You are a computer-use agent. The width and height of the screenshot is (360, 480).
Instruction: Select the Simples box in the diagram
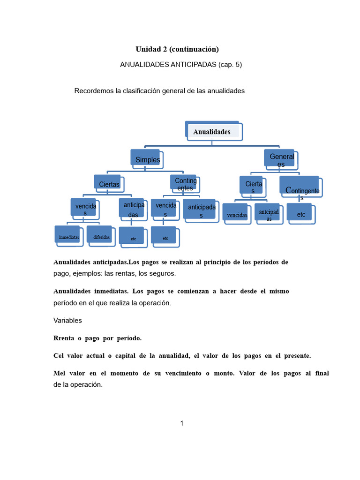[x=147, y=159]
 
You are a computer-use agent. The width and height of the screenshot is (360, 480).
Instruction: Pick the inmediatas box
[x=69, y=237]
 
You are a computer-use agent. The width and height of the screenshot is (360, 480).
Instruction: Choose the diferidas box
[x=101, y=237]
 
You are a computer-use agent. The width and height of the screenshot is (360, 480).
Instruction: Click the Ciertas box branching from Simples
[x=109, y=184]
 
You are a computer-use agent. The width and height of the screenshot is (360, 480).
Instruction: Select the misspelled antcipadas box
[x=268, y=215]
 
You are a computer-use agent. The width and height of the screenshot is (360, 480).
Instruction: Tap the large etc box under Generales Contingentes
[x=301, y=214]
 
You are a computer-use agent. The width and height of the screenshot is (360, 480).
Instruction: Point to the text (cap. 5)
[x=230, y=65]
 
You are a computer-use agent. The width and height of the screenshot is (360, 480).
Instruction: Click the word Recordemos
[x=94, y=90]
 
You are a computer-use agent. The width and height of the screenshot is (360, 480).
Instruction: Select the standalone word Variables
[x=68, y=320]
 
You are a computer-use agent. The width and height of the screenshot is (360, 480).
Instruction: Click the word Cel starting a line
[x=60, y=355]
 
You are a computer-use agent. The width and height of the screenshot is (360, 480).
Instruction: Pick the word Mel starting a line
[x=60, y=373]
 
